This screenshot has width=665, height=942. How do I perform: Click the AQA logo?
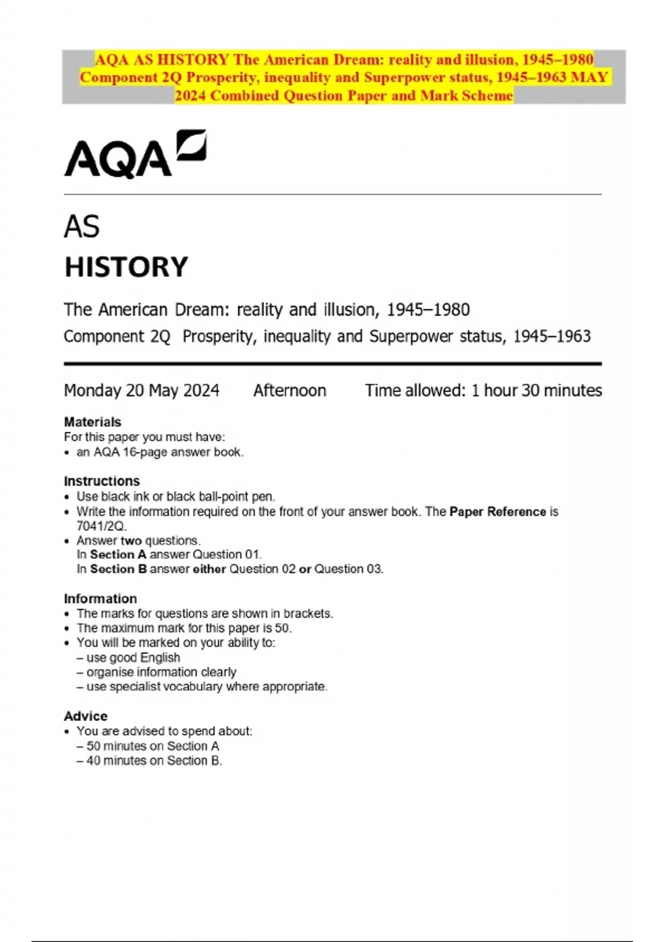coord(135,154)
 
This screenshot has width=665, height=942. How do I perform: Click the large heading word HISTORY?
coord(126,267)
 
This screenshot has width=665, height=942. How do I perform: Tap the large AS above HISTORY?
coord(82,227)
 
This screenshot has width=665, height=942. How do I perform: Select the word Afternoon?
coord(290,391)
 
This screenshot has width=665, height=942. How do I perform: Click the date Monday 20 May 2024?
coord(142,391)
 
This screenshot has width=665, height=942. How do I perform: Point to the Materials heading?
coord(93,422)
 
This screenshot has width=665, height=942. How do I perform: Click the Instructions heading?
coord(102,481)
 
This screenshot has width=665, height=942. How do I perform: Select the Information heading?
coord(100,598)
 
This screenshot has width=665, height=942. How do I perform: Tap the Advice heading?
coord(86,716)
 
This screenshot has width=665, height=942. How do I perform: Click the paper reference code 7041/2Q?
coord(101,526)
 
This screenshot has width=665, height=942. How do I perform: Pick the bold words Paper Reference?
coord(498,511)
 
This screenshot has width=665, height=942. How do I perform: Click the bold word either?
coord(209,569)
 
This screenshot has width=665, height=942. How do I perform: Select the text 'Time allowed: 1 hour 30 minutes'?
coord(483,391)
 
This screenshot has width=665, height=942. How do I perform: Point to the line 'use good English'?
coord(133,658)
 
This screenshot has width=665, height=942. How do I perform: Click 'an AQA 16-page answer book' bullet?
coord(160,452)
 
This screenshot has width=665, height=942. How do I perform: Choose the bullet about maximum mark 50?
coord(184,628)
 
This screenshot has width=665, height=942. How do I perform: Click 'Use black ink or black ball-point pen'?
coord(176,496)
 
